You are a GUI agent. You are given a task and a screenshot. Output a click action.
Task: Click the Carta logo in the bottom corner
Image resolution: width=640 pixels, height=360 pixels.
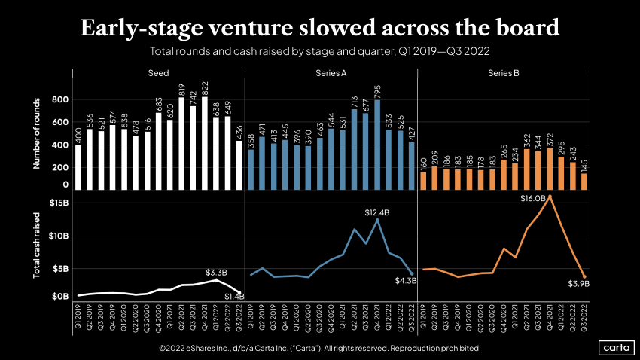click(x=616, y=347)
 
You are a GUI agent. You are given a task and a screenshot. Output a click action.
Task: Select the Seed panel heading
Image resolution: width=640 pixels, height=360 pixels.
click(x=158, y=74)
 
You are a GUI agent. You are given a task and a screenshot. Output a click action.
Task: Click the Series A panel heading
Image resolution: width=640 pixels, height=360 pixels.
click(x=331, y=74)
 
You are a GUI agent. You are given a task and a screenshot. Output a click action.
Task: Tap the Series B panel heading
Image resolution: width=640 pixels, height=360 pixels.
click(x=503, y=74)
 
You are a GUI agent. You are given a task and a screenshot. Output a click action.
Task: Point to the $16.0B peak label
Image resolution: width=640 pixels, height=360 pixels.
click(x=535, y=198)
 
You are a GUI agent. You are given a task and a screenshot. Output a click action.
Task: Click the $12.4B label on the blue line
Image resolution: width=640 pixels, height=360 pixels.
click(x=378, y=213)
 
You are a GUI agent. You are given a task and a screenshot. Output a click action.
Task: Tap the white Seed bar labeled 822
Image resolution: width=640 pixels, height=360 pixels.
click(x=205, y=143)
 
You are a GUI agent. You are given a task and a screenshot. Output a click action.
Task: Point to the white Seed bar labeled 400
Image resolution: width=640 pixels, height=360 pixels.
click(x=78, y=166)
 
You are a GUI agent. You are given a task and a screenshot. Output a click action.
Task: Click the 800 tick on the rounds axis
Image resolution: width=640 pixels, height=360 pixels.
click(x=60, y=99)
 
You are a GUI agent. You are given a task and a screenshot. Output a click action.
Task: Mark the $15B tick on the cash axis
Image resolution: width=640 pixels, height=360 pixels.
click(x=59, y=203)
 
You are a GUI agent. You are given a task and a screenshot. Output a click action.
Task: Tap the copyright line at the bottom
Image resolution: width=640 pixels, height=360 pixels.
click(x=319, y=348)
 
